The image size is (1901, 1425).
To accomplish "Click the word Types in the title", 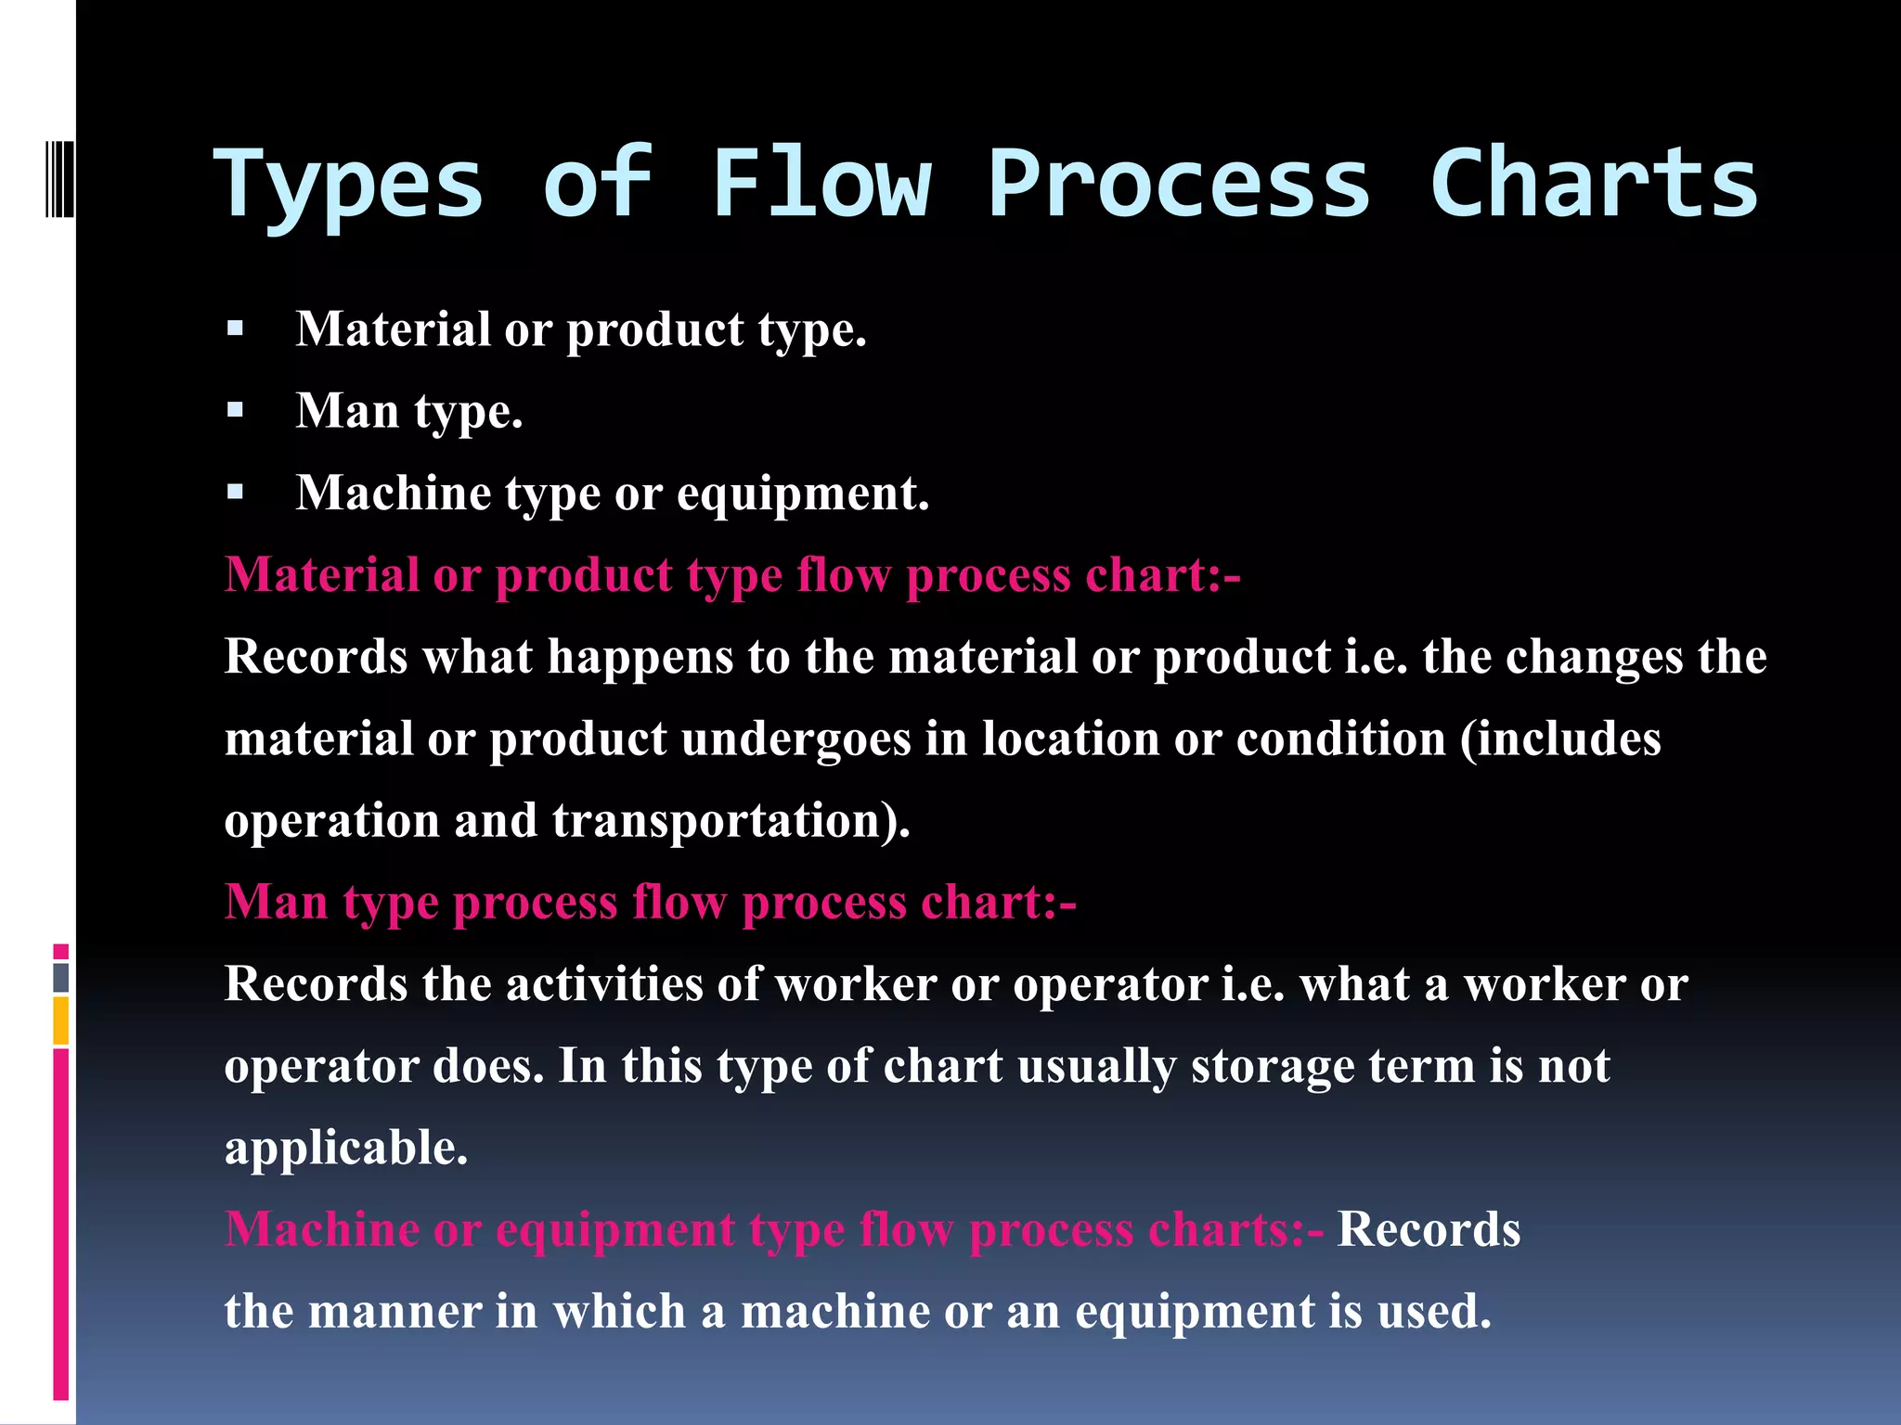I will click(348, 186).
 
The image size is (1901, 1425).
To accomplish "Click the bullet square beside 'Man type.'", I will click(235, 410).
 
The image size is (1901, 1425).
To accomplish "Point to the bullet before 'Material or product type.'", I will click(235, 328).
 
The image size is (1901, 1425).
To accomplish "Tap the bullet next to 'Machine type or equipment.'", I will click(235, 492).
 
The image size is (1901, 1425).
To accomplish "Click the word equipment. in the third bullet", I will click(802, 494).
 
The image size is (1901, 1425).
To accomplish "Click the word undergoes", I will click(795, 739).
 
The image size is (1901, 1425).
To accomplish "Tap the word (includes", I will click(1560, 739).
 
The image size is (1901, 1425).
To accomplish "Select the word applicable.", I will click(345, 1149).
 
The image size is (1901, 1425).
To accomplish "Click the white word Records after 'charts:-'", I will click(1428, 1229).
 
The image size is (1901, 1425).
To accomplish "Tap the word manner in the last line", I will click(394, 1311).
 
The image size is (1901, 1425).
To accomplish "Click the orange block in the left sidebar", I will click(61, 1021).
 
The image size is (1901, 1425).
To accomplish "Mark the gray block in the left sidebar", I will click(61, 977).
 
